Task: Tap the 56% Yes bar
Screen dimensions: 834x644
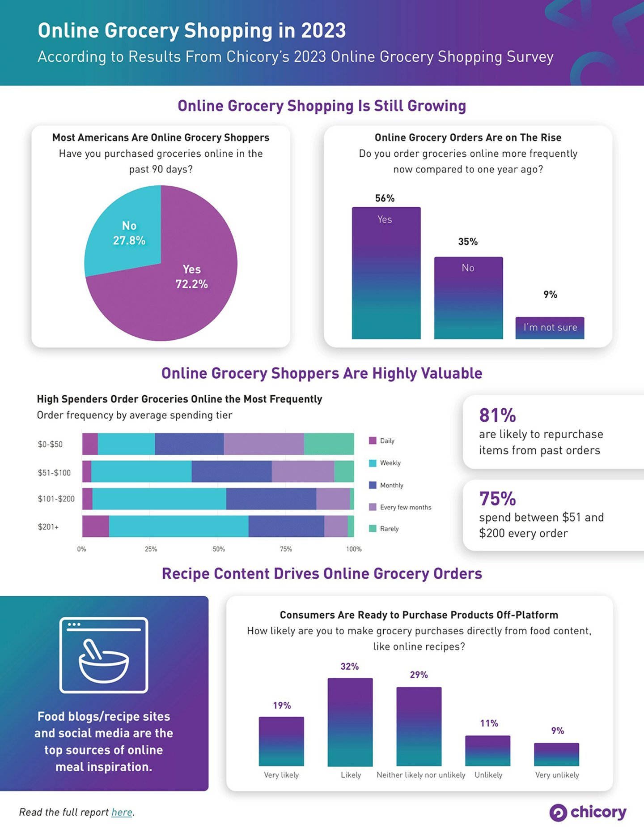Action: pos(386,273)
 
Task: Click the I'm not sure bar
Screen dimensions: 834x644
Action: pos(550,328)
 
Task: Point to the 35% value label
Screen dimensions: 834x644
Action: pos(468,242)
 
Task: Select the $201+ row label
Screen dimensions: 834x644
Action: pos(48,527)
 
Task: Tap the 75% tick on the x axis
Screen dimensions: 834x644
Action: pos(286,549)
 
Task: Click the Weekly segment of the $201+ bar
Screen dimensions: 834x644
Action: pos(178,526)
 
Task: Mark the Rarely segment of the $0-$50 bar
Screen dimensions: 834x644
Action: pos(329,444)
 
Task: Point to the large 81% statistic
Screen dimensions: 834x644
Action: pos(497,415)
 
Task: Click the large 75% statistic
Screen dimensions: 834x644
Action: pos(497,499)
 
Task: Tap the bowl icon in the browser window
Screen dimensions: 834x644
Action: pos(104,662)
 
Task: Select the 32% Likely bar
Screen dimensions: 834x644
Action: pos(350,722)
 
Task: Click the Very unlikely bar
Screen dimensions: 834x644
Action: pos(556,754)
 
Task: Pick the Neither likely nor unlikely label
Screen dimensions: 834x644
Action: pos(421,775)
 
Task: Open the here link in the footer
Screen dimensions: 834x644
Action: pos(122,812)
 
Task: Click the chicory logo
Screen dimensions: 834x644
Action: pos(588,812)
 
